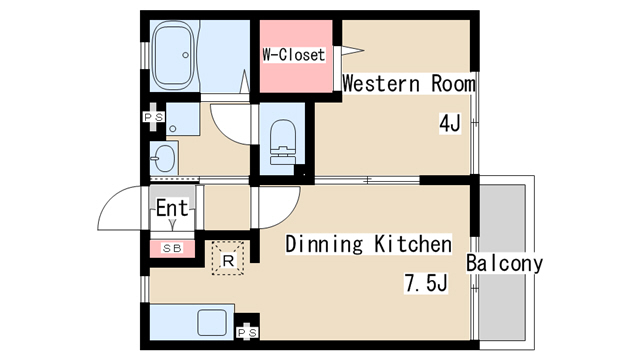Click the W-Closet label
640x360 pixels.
293,55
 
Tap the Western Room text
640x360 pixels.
409,83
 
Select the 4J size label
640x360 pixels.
450,123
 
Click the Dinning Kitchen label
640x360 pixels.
369,244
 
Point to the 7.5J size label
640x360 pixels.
426,282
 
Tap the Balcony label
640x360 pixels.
504,263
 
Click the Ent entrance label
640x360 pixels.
172,208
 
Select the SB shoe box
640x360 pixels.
172,249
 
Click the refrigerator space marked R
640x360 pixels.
228,258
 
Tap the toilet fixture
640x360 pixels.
282,142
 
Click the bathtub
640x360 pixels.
173,55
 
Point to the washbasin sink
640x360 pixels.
164,159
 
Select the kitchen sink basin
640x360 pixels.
211,322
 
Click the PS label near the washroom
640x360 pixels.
153,117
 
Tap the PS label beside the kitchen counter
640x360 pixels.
247,333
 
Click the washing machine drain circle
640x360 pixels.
173,129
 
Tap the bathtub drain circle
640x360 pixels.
186,55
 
